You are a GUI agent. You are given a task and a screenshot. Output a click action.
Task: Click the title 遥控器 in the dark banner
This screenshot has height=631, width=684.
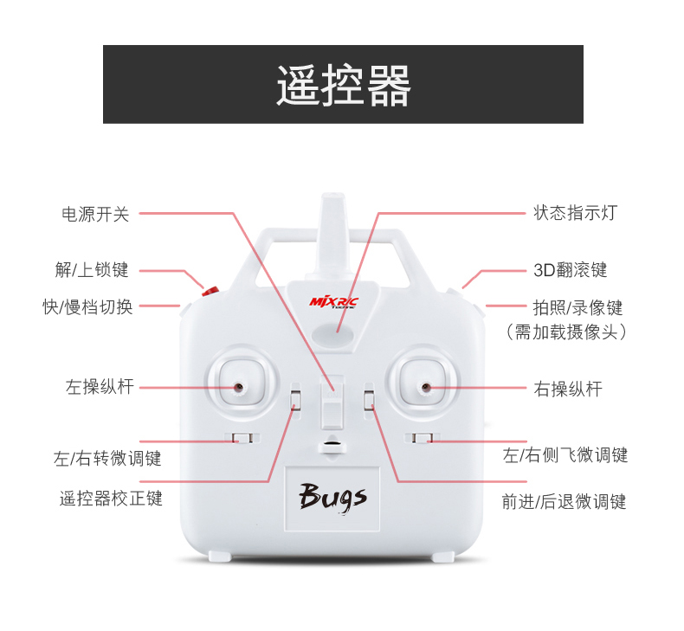tap(343, 85)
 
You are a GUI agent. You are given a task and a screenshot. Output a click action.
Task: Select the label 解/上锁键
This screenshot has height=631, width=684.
tap(92, 270)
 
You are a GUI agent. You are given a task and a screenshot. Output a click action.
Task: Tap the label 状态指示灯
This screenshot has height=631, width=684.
tap(575, 213)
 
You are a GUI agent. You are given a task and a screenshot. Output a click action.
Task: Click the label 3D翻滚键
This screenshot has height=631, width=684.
tap(570, 270)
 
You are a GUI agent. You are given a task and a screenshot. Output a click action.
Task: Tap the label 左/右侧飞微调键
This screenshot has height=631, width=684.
tap(565, 454)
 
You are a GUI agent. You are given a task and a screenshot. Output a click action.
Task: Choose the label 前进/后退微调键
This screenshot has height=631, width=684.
tap(564, 501)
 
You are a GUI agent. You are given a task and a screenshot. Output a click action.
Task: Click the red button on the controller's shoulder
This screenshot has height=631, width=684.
tap(210, 291)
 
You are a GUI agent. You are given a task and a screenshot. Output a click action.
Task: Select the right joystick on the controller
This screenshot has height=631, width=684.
tap(424, 386)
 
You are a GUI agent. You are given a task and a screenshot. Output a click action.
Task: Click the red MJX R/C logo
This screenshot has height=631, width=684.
tap(332, 302)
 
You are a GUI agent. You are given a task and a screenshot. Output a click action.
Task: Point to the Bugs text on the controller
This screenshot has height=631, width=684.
tap(333, 496)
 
